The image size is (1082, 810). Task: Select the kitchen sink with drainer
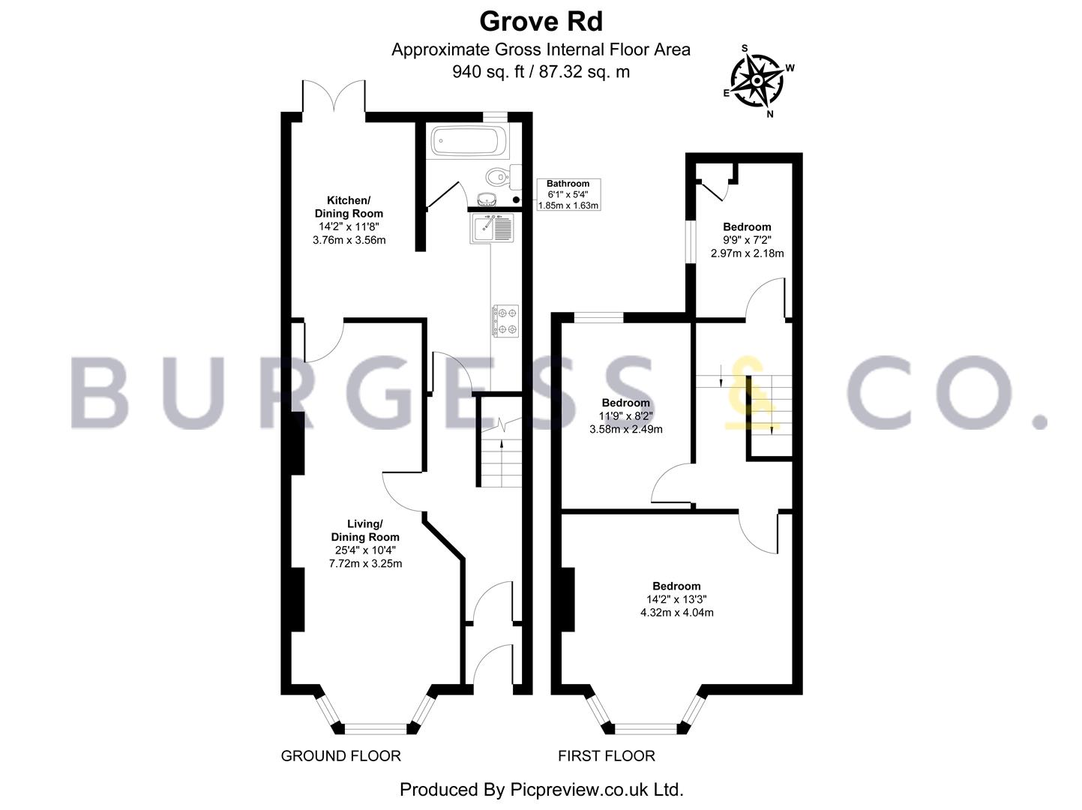click(493, 228)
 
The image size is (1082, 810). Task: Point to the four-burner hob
click(505, 321)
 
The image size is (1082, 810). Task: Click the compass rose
click(757, 81)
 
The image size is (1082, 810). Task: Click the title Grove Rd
click(541, 22)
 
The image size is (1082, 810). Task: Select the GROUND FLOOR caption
click(340, 756)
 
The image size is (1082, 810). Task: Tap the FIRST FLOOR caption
click(607, 756)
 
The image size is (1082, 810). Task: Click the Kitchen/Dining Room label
click(349, 207)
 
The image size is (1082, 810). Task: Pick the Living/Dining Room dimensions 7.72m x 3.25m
click(365, 563)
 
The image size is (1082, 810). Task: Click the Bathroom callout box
click(568, 194)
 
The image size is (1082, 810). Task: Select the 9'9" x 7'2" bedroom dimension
click(747, 240)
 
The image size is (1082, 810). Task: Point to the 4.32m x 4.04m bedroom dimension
click(677, 613)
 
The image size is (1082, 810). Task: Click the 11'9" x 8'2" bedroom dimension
click(626, 416)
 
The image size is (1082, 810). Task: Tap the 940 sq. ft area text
click(488, 72)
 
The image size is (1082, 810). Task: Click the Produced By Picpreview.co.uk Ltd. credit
click(541, 790)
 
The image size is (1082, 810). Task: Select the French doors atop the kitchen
click(334, 96)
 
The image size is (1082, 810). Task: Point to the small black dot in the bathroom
click(516, 199)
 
